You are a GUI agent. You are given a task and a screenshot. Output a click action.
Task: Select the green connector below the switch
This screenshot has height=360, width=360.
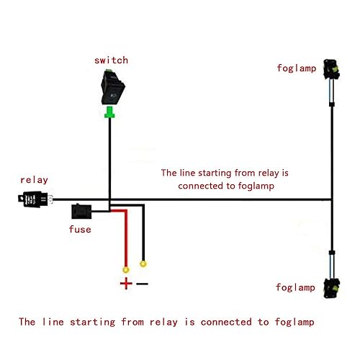click(109, 112)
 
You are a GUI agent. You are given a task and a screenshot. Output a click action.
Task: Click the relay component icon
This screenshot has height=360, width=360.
click(33, 199)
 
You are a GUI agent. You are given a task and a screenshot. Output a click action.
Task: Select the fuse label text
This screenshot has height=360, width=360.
click(80, 229)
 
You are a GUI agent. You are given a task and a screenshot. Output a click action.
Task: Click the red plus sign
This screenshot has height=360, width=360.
click(126, 283)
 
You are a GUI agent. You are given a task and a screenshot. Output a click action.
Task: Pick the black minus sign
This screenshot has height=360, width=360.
click(143, 283)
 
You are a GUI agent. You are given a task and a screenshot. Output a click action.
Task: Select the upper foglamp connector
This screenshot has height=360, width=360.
click(332, 72)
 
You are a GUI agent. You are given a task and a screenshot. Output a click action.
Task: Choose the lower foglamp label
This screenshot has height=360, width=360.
click(296, 287)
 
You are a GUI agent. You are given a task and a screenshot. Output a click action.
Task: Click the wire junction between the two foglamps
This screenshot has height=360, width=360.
click(332, 199)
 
